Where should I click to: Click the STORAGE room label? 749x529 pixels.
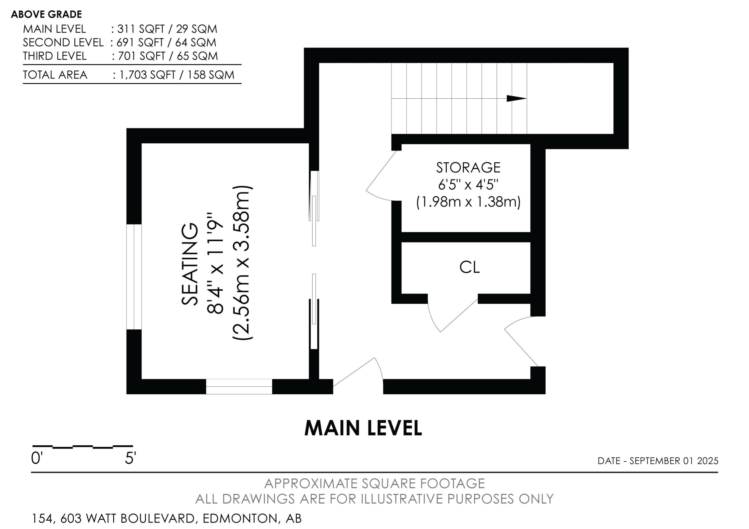click(x=468, y=168)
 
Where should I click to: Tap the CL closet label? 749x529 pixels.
click(x=469, y=267)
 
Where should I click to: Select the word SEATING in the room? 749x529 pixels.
click(x=190, y=264)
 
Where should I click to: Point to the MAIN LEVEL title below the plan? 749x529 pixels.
click(x=363, y=428)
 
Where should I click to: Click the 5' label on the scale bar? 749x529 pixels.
click(x=130, y=459)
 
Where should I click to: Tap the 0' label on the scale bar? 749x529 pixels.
click(x=37, y=459)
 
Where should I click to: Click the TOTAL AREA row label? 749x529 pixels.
click(x=55, y=75)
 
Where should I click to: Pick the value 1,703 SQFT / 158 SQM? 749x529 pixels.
click(x=177, y=75)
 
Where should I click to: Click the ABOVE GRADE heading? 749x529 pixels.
click(x=46, y=14)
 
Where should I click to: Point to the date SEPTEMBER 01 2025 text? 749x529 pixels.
click(x=674, y=461)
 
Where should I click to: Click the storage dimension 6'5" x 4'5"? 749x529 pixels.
click(x=468, y=185)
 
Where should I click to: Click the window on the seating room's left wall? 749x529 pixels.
click(x=134, y=277)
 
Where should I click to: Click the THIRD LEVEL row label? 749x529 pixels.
click(x=55, y=56)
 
